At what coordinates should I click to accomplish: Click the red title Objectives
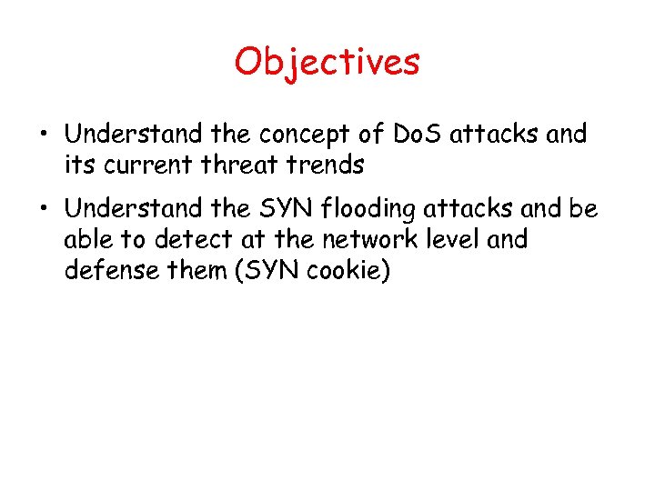click(x=327, y=62)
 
